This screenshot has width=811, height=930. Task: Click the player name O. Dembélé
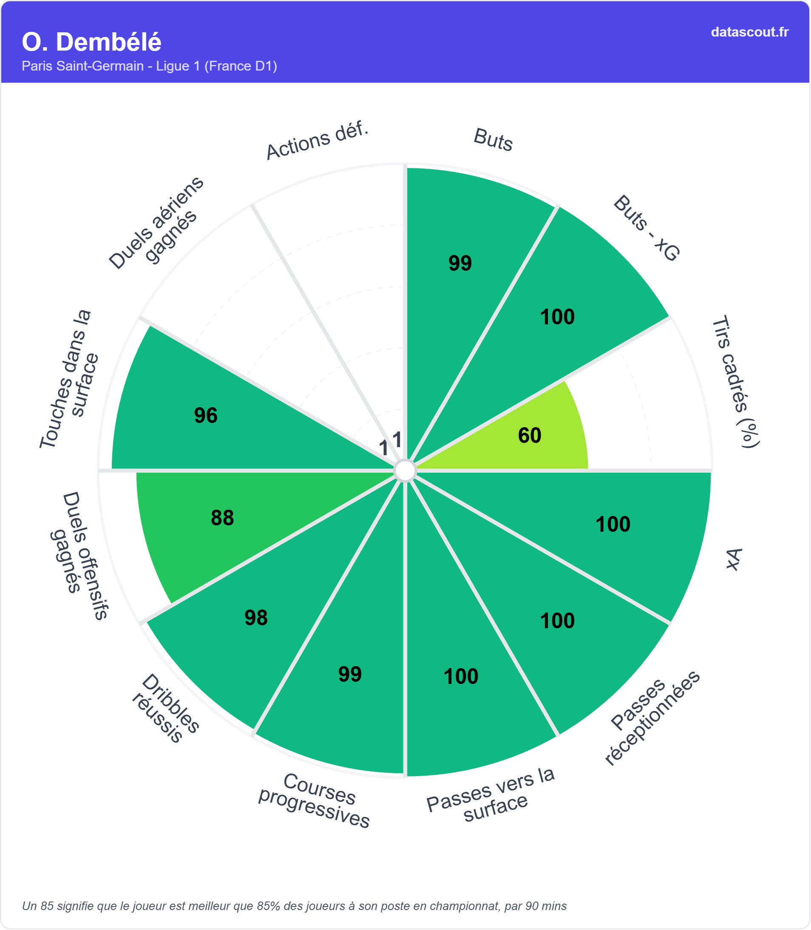(x=91, y=42)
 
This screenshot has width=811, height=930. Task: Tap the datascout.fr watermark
(x=749, y=32)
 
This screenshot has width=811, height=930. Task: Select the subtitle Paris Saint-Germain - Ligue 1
(x=149, y=66)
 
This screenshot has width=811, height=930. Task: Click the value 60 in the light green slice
(x=530, y=435)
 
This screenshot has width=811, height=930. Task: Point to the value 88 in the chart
(x=222, y=518)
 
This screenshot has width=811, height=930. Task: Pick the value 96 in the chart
(x=206, y=415)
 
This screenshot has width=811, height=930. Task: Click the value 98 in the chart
(x=256, y=618)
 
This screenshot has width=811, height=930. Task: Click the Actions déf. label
(x=317, y=141)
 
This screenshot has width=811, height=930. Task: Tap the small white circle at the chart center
(x=405, y=471)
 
